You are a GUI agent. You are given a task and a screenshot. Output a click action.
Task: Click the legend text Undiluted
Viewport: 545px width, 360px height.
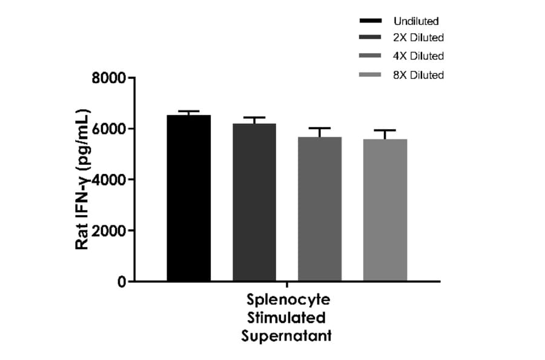[416, 22]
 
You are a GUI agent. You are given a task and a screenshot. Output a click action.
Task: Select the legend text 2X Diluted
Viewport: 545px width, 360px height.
[418, 38]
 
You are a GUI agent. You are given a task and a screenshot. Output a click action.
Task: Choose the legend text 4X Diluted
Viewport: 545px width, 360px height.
[418, 56]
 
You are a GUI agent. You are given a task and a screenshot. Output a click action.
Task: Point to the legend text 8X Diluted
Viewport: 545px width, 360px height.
[418, 75]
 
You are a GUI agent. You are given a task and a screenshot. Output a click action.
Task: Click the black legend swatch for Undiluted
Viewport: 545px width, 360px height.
[370, 22]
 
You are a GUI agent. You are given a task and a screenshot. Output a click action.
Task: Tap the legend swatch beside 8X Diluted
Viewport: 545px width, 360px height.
[370, 75]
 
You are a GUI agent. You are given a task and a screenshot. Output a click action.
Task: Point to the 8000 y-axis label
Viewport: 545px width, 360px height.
[109, 78]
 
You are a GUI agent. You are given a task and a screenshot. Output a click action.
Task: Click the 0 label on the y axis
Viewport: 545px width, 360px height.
[121, 282]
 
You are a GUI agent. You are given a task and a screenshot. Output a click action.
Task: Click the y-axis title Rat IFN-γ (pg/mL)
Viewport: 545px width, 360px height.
[83, 179]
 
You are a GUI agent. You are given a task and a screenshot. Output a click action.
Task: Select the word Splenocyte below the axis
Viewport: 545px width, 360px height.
[286, 301]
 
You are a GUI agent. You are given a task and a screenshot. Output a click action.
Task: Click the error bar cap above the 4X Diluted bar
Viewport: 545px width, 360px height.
[320, 128]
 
